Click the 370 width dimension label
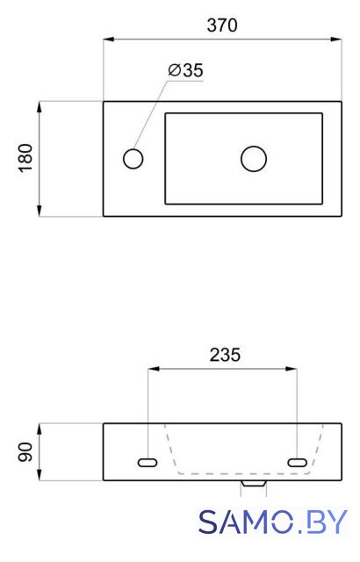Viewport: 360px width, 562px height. (x=222, y=25)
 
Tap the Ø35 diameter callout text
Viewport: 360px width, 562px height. (x=185, y=70)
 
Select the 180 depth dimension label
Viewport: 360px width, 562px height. (x=25, y=158)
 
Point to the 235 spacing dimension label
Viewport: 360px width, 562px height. (x=225, y=355)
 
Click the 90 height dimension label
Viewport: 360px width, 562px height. (x=25, y=452)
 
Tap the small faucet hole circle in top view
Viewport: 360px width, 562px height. (x=133, y=158)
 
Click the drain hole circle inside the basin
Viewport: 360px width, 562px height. (x=254, y=158)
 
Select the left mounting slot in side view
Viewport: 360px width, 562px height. (x=148, y=463)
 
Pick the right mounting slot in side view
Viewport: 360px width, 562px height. (x=298, y=463)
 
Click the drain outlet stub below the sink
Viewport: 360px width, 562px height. (x=254, y=483)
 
